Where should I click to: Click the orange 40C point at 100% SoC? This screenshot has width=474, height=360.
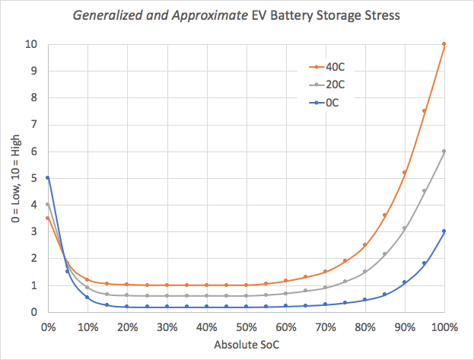click(444, 44)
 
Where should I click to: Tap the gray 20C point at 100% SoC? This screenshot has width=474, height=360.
click(444, 151)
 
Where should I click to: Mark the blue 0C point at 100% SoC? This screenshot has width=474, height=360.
click(444, 231)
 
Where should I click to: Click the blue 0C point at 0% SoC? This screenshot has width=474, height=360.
click(48, 178)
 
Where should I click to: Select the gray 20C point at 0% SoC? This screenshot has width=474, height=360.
click(48, 205)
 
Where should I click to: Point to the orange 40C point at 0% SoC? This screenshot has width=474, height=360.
click(48, 218)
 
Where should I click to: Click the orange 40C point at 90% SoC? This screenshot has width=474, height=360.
click(405, 173)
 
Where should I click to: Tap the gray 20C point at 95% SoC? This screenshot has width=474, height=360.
click(425, 191)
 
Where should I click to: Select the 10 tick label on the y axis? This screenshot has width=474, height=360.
click(30, 44)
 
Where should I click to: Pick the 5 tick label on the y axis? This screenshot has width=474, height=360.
click(33, 178)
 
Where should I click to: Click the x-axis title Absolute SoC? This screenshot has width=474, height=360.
click(246, 345)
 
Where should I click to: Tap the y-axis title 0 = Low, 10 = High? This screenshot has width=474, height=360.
click(11, 178)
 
